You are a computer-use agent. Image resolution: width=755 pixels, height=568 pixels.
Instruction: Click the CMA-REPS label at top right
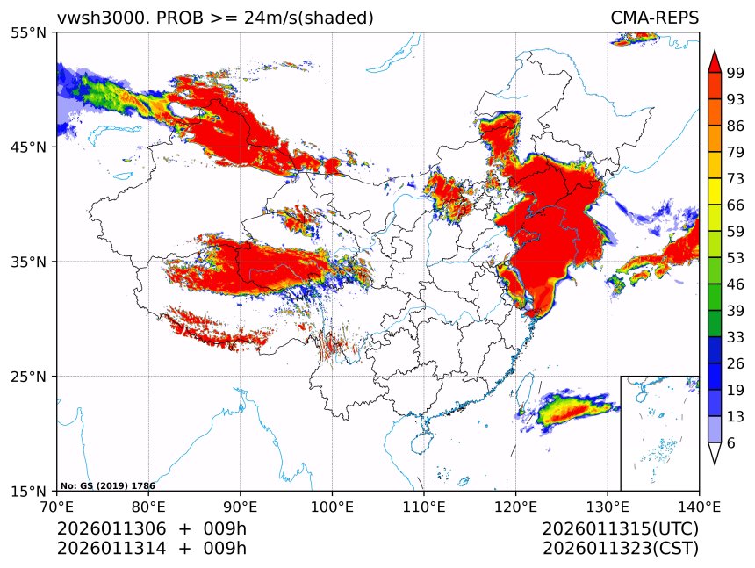tap(654, 18)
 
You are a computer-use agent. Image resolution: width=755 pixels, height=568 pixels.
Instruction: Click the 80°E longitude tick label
tap(148, 506)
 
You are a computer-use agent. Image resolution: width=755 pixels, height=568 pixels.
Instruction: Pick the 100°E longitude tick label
tap(332, 506)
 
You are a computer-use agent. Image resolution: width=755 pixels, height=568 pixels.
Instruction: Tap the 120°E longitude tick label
tap(515, 506)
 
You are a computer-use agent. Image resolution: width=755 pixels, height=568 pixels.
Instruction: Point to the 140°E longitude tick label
tap(699, 506)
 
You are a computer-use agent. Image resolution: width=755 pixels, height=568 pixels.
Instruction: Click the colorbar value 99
tap(736, 73)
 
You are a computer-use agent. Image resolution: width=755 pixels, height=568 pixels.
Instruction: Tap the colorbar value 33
tap(736, 337)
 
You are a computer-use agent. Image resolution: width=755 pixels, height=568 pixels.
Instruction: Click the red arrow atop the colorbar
tap(715, 61)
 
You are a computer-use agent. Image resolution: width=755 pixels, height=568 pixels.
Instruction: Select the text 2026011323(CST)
tap(620, 549)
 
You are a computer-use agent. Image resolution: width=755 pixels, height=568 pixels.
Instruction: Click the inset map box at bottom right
tap(659, 433)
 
